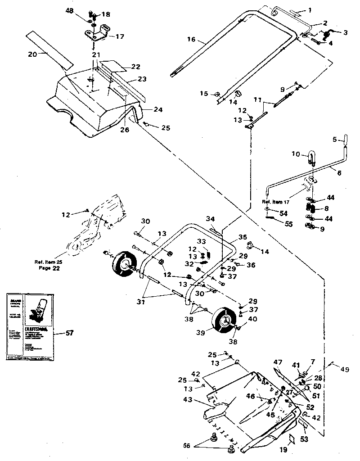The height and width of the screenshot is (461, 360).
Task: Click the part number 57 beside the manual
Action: tap(69, 333)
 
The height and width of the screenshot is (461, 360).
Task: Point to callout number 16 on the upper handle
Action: tap(191, 40)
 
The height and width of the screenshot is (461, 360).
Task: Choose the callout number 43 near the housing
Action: tap(187, 400)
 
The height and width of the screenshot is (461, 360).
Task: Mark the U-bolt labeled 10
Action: tap(312, 158)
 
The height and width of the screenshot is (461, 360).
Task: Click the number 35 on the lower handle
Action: tap(243, 236)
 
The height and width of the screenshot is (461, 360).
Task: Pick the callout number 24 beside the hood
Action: tap(157, 109)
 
